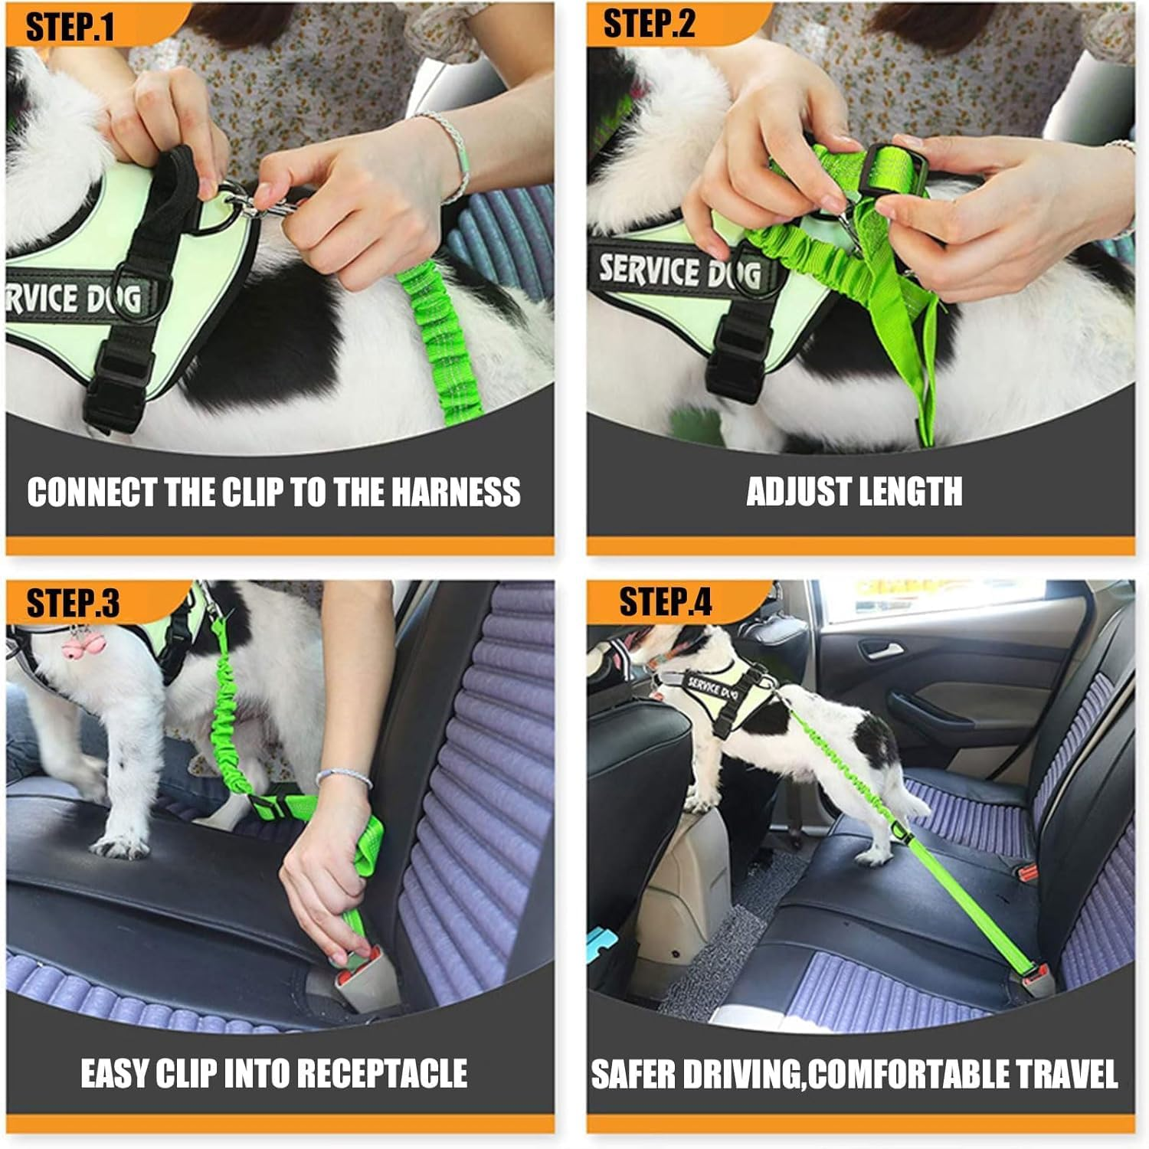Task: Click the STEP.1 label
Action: click(x=70, y=28)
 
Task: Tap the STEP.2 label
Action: click(x=649, y=25)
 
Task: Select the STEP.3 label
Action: click(x=73, y=604)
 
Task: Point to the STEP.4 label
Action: click(x=665, y=602)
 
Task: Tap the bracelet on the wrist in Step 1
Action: click(x=452, y=149)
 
